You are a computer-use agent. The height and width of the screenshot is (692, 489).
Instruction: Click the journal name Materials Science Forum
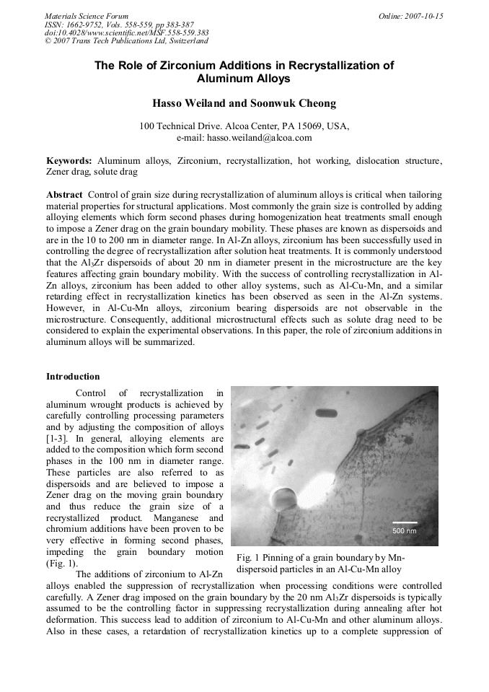tap(87, 16)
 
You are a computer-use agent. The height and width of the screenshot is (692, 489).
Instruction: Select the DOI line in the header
tap(127, 32)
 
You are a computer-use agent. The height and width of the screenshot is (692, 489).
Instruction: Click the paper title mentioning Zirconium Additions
tap(244, 71)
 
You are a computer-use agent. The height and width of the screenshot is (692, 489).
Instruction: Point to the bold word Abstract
tap(64, 195)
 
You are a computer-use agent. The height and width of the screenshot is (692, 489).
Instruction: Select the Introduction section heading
tap(73, 377)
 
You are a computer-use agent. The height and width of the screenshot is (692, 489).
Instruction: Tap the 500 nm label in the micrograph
tap(404, 531)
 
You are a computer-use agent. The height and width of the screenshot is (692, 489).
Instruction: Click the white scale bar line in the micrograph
tap(404, 522)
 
